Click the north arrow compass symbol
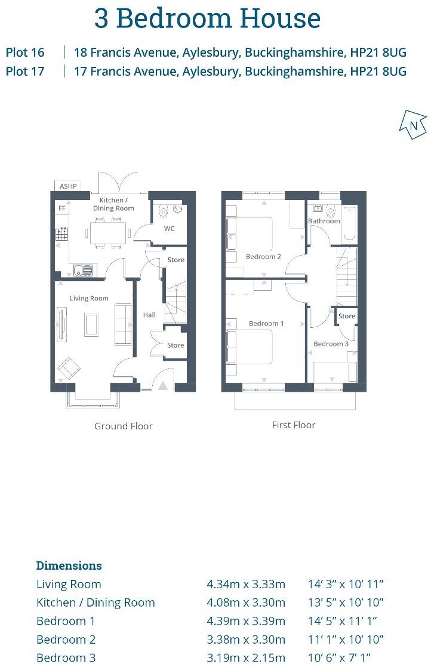click(x=413, y=125)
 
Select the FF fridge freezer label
click(x=61, y=208)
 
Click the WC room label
click(x=170, y=228)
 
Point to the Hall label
click(x=149, y=315)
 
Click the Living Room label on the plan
click(x=89, y=299)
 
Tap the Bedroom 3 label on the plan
click(x=331, y=344)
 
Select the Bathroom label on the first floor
click(x=324, y=221)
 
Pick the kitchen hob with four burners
click(x=61, y=234)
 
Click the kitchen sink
click(x=83, y=270)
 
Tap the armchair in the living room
click(x=69, y=368)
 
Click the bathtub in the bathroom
click(x=350, y=224)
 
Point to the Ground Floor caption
click(x=124, y=426)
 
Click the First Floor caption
click(x=293, y=425)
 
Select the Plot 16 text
click(x=25, y=53)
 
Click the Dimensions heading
click(x=69, y=565)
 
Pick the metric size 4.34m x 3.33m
click(x=246, y=584)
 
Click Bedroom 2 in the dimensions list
click(x=66, y=640)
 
